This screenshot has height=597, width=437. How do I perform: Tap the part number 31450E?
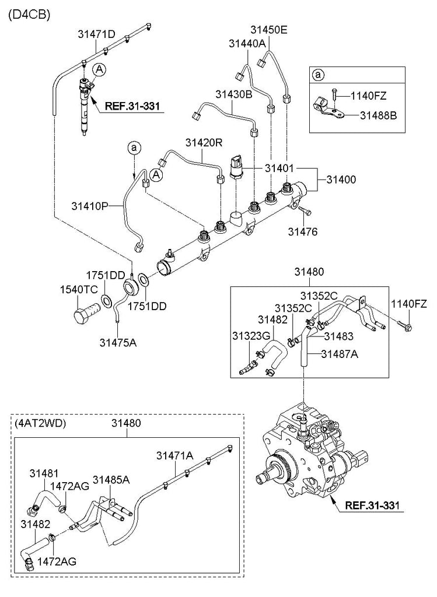269,30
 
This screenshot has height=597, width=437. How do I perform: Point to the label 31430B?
233,94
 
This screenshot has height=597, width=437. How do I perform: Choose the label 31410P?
90,205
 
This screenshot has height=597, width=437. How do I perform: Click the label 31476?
302,231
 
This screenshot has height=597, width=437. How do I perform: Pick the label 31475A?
118,342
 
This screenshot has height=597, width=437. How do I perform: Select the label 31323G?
250,335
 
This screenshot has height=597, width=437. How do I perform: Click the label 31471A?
174,455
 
